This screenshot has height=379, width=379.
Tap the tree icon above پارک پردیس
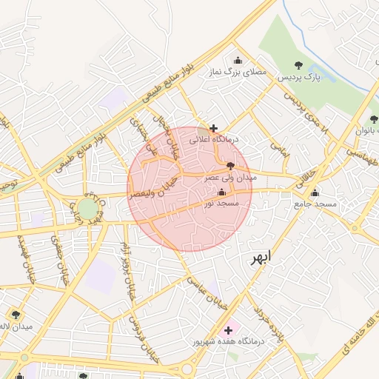click(x=298, y=65)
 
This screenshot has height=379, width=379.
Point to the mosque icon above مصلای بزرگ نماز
click(x=238, y=61)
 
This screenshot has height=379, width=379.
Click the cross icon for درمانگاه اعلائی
click(x=214, y=128)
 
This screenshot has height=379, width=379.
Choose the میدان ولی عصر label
click(x=230, y=178)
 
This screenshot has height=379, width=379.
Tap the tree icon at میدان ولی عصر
click(x=231, y=166)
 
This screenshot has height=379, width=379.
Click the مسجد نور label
click(x=222, y=203)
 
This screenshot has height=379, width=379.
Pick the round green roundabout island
click(x=88, y=208)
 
